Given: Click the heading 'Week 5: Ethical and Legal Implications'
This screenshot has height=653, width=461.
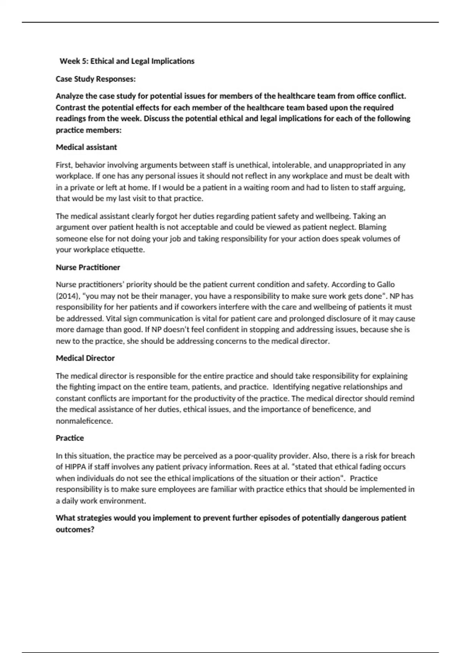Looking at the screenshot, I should (127, 61).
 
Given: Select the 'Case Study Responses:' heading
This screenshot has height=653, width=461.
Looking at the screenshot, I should (96, 79).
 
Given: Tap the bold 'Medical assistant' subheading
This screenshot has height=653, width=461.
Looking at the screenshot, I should (86, 147).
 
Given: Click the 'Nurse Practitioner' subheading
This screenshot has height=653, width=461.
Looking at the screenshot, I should (88, 267).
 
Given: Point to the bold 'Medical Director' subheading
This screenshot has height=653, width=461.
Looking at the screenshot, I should (85, 358).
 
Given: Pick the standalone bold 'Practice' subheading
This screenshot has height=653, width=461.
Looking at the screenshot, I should (70, 438).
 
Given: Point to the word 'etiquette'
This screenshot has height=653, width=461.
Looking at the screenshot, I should (128, 250).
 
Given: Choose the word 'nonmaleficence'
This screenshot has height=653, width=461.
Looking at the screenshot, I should (84, 421).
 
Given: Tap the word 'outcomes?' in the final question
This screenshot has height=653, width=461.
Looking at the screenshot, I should (75, 529).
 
